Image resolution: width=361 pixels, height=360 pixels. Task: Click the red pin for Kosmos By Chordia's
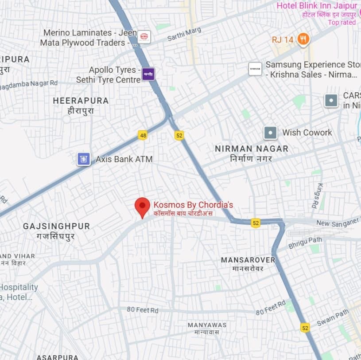(142, 206)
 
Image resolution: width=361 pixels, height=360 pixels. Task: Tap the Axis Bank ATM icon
(83, 159)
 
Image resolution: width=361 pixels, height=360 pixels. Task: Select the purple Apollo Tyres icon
(148, 74)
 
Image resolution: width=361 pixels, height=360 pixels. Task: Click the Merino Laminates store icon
(144, 37)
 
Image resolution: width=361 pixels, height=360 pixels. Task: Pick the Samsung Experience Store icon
(255, 69)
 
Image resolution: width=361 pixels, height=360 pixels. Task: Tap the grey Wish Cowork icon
(270, 133)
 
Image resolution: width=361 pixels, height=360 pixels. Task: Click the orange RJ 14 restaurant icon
(303, 39)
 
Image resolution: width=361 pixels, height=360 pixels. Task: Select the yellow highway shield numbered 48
(143, 135)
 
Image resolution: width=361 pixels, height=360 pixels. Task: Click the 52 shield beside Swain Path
(305, 328)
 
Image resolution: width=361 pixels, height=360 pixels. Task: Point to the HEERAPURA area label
(81, 101)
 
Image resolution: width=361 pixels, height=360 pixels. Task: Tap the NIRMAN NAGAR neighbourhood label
(251, 149)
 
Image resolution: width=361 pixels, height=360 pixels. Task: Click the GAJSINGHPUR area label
(56, 226)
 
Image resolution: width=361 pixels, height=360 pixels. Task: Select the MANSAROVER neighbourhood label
(248, 260)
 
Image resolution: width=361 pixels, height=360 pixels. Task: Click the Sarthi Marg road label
(184, 34)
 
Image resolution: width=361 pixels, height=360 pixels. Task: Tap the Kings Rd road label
(317, 196)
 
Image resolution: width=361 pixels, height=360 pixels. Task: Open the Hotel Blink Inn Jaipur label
(316, 6)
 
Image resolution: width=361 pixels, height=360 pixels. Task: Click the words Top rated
(342, 22)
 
